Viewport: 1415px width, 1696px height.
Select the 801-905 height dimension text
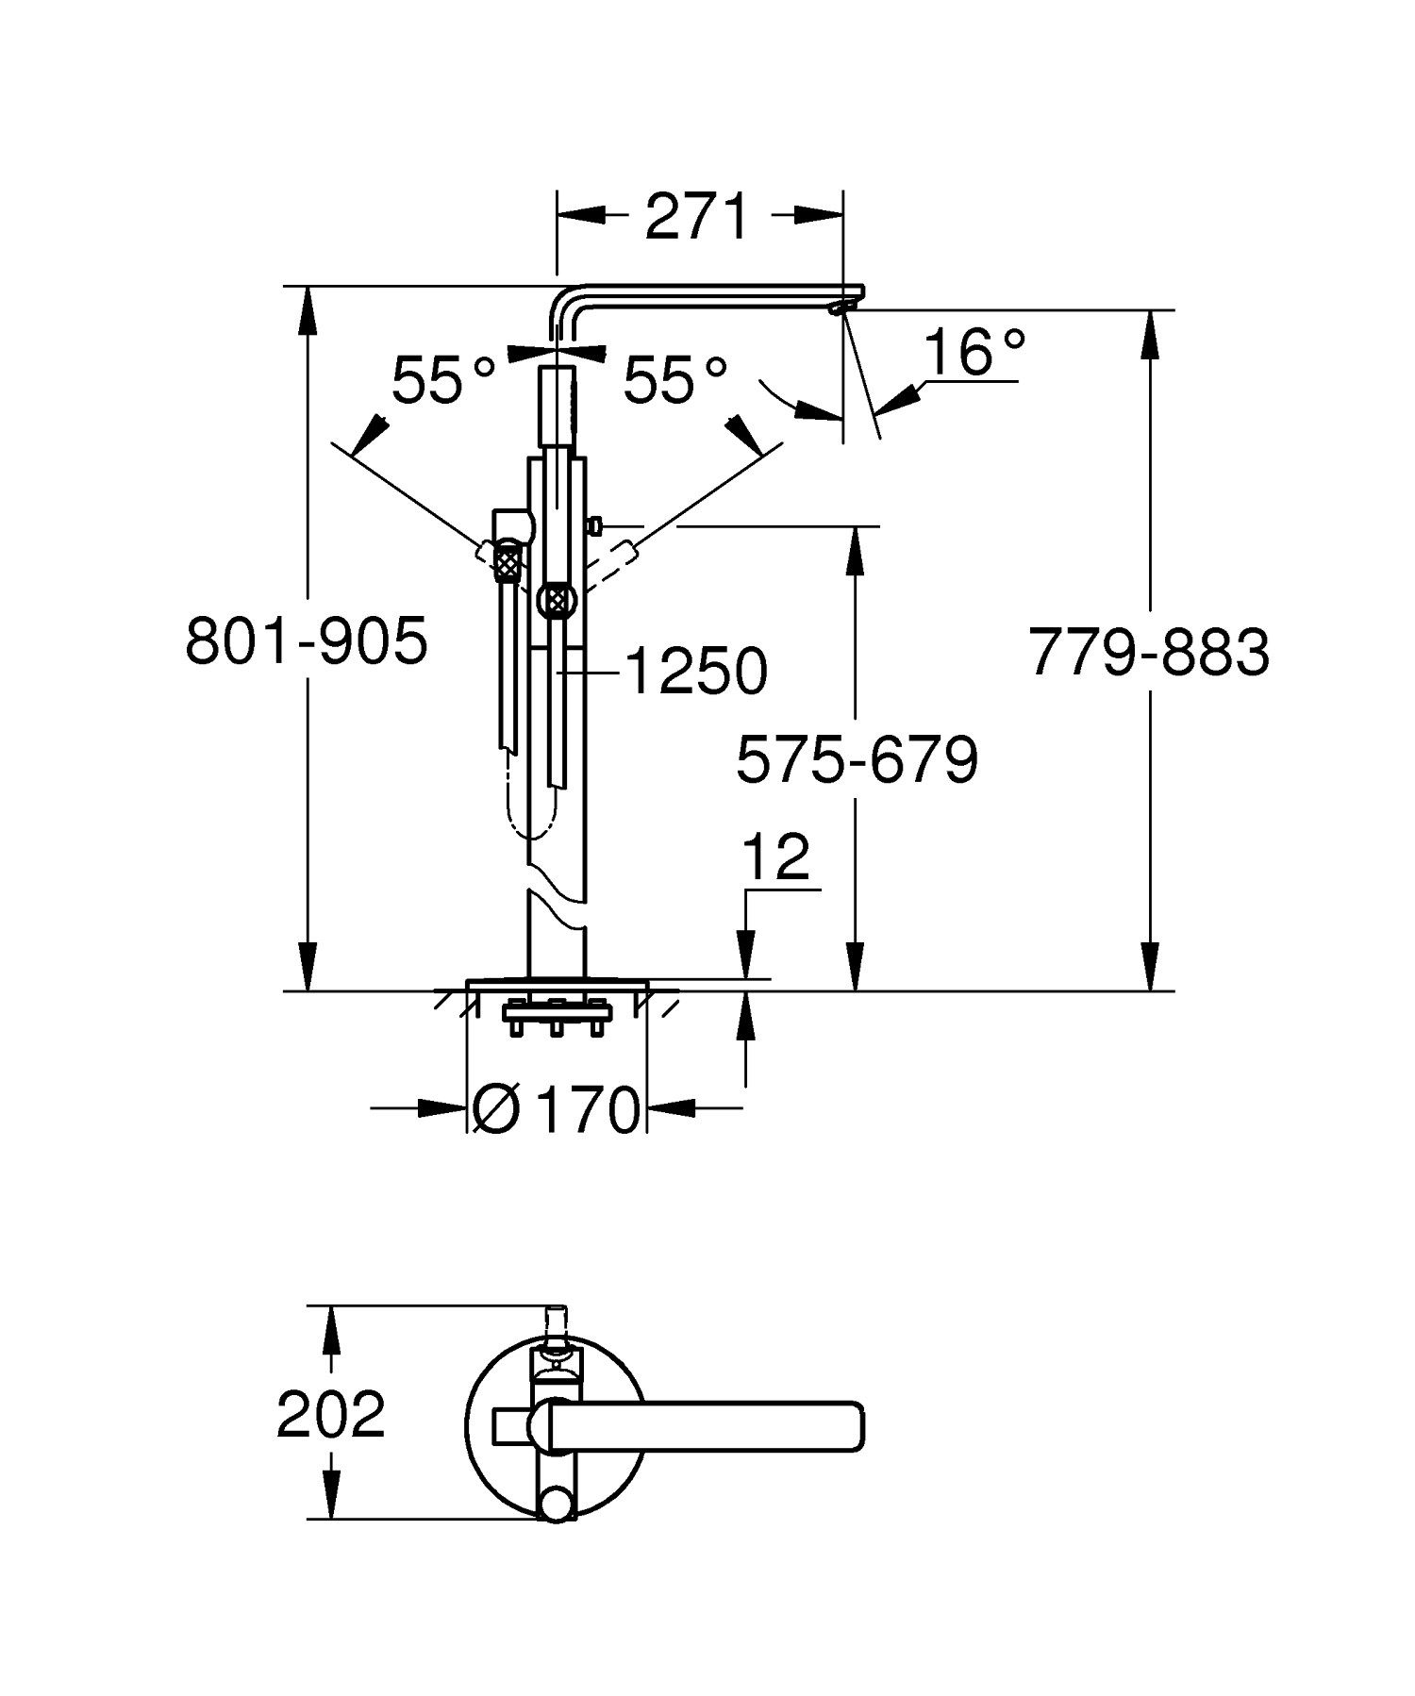tap(307, 642)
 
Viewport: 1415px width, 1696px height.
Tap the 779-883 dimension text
tap(1149, 652)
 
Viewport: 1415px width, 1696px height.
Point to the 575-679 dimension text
tap(857, 760)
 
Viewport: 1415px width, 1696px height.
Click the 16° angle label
tap(973, 353)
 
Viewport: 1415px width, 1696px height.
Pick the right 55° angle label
tap(675, 381)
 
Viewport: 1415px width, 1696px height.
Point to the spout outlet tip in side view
tap(839, 308)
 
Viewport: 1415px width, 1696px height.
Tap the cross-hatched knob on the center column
tap(557, 599)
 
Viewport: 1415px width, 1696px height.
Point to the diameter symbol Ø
tap(493, 1109)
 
